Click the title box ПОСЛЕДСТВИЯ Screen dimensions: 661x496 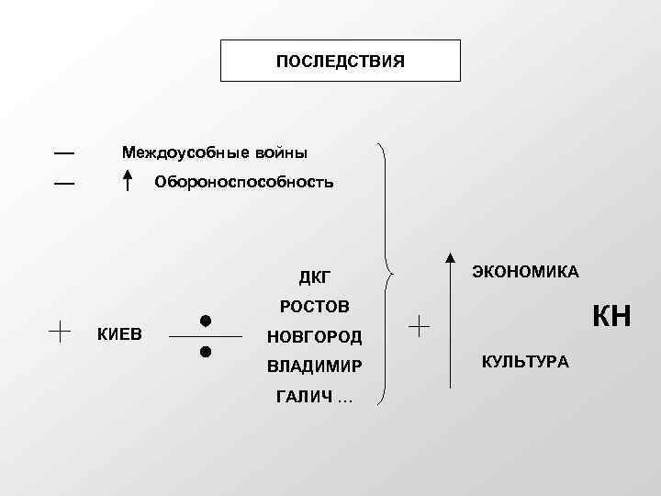click(340, 61)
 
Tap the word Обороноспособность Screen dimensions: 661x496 click(244, 182)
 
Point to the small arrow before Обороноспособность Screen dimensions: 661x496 click(129, 179)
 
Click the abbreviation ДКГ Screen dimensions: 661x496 click(313, 276)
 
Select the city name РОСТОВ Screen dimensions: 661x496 click(314, 305)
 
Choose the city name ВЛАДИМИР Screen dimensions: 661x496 click(313, 366)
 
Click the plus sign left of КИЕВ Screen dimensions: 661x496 click(62, 331)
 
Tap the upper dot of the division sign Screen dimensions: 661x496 click(206, 321)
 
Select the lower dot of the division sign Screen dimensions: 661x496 click(206, 352)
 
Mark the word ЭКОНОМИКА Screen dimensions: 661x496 click(525, 271)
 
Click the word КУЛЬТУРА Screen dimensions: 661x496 click(525, 361)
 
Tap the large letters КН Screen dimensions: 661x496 click(610, 317)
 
